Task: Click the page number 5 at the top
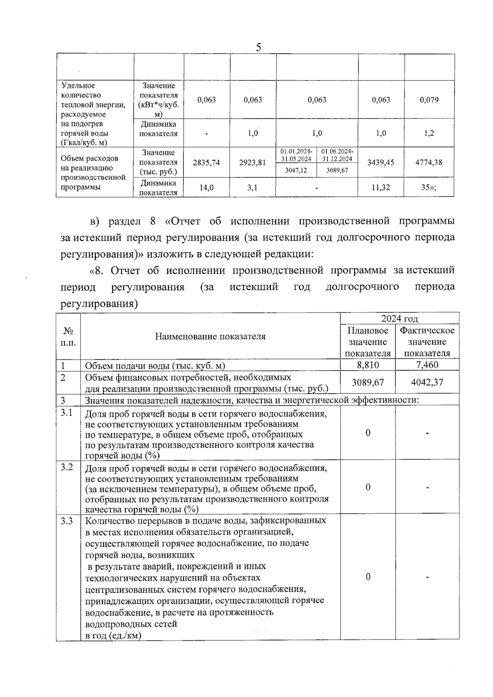(x=258, y=47)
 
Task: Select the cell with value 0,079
(x=429, y=100)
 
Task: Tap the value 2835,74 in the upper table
(x=206, y=163)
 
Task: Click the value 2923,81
(x=252, y=163)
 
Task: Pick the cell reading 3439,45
(x=380, y=163)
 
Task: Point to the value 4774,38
(x=429, y=162)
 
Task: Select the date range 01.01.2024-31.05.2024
(x=296, y=155)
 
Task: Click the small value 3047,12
(x=296, y=170)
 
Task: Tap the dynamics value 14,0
(x=206, y=188)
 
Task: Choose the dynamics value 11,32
(x=380, y=188)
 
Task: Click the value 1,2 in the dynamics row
(x=429, y=133)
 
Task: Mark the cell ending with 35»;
(x=429, y=188)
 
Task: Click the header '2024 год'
(x=399, y=318)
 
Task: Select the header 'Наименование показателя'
(x=210, y=336)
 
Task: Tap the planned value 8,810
(x=368, y=365)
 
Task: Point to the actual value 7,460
(x=427, y=365)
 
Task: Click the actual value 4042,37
(x=427, y=382)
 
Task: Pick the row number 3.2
(x=67, y=467)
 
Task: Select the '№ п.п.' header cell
(x=68, y=336)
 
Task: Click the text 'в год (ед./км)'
(x=113, y=635)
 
